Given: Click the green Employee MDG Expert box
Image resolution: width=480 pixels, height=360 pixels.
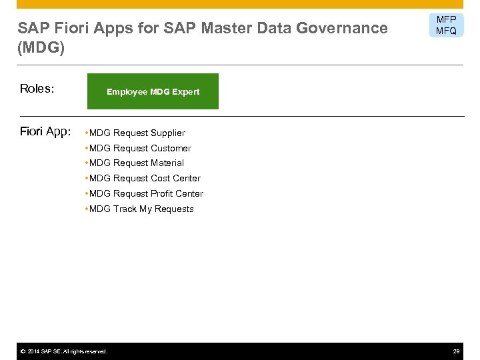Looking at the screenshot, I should coord(153,91).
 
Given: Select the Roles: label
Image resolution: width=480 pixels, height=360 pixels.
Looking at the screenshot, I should coord(37,89).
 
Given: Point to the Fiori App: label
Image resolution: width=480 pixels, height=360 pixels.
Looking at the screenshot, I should coord(44,131).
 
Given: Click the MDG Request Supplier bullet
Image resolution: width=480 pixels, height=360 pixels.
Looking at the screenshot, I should coord(136,133).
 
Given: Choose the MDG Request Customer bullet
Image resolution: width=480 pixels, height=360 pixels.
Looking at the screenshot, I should coord(139,148).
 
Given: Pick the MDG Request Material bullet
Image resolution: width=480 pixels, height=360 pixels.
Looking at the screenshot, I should coord(135,163).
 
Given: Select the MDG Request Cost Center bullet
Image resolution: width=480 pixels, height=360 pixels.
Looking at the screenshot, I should coord(143,178).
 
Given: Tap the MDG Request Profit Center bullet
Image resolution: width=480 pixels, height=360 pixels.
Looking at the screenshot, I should coord(145,193).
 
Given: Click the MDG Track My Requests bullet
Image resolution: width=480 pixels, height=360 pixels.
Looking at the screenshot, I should coord(140,209).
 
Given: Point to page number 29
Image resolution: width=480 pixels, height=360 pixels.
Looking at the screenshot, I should coord(457,351).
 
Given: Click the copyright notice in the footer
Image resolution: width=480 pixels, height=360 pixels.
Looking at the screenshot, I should coord(63,351).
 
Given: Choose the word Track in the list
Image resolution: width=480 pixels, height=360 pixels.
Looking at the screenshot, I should coord(125,209).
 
